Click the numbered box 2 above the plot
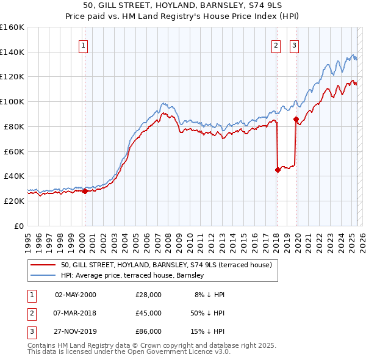click(x=276, y=45)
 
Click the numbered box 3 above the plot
click(x=294, y=45)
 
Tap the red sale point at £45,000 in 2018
click(x=278, y=170)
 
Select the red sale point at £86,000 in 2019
click(x=296, y=119)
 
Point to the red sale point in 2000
click(x=85, y=191)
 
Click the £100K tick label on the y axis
click(x=12, y=101)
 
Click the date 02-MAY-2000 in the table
click(x=76, y=295)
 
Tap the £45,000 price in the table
click(x=148, y=313)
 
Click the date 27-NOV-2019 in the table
click(x=76, y=331)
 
